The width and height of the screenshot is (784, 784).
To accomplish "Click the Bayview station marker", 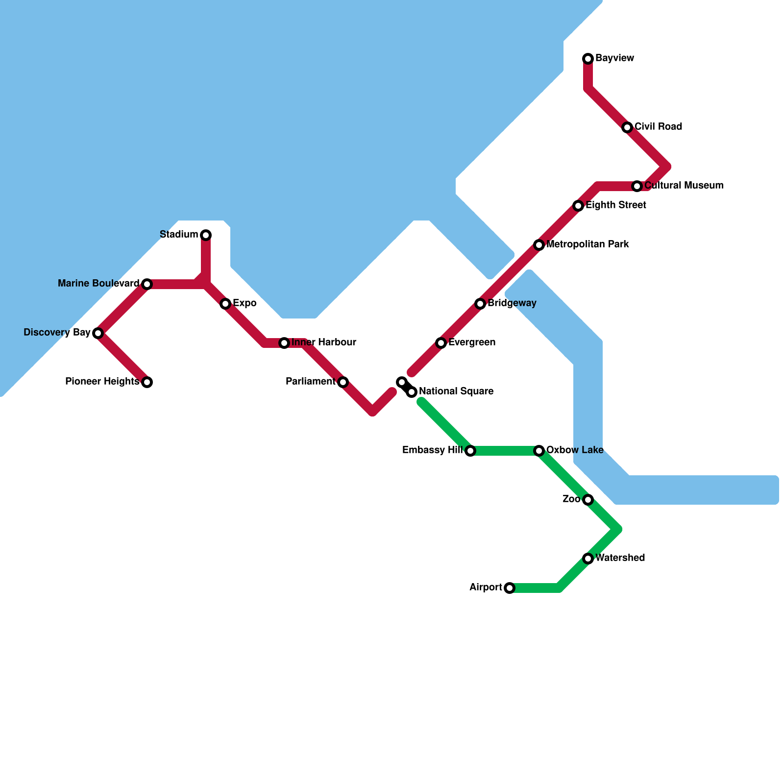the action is point(588,59).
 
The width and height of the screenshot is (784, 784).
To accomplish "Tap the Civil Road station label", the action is point(658,127).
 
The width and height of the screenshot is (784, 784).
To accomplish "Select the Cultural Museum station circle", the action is point(637,186).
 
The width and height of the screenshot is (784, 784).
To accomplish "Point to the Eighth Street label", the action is point(615,205).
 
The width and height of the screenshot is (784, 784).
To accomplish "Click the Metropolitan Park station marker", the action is point(539,245).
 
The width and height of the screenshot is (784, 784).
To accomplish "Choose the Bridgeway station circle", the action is point(480,304).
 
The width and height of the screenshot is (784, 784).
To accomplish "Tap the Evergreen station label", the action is point(471,343).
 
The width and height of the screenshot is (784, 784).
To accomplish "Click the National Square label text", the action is point(456,392).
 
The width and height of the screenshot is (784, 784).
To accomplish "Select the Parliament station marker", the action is point(343,382).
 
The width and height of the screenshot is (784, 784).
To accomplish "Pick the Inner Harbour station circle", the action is point(284,343).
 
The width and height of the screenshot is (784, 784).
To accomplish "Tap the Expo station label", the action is point(244,303).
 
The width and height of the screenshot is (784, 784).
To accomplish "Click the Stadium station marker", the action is point(206,235).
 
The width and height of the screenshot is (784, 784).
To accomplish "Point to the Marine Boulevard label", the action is point(98,284).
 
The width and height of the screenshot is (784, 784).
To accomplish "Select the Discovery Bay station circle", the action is point(98,333).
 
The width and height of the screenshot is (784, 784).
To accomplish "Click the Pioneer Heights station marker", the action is point(147,382).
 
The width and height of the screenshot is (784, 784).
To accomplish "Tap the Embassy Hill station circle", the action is point(470,451).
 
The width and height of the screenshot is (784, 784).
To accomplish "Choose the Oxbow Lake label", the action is point(574,450).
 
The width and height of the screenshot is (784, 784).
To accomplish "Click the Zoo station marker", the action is point(588,500).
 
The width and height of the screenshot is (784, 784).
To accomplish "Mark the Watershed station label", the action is point(620,558).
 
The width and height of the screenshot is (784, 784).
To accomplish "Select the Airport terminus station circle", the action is point(510,588).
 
